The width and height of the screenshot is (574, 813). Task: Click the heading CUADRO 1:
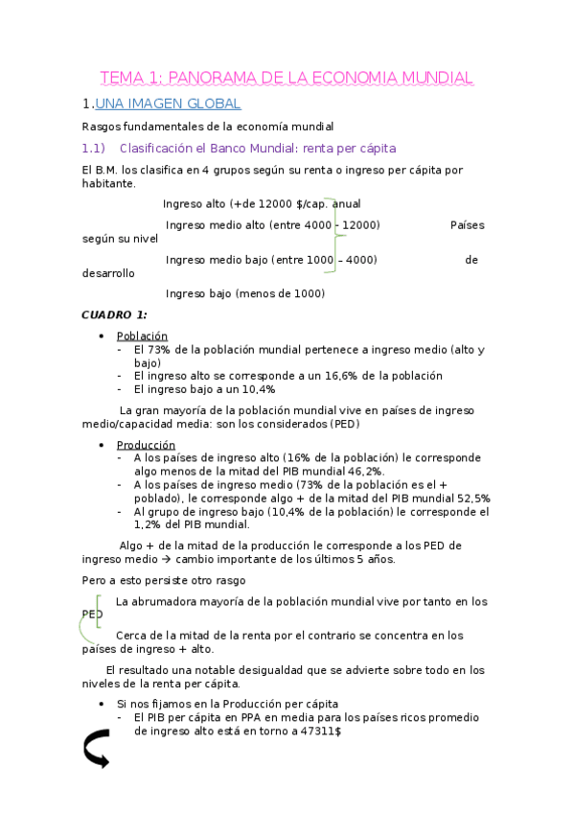coord(114,314)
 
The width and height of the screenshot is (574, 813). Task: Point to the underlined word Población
coord(142,337)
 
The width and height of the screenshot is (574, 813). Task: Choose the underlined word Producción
coord(146,445)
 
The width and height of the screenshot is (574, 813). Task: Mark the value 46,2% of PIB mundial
coord(363,472)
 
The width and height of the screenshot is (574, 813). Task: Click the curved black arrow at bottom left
coord(97,749)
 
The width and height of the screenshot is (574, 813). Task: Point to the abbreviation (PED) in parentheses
coord(343,423)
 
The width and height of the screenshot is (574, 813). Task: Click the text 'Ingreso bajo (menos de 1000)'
coord(245,293)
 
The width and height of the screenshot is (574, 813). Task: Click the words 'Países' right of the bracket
coord(467,225)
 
